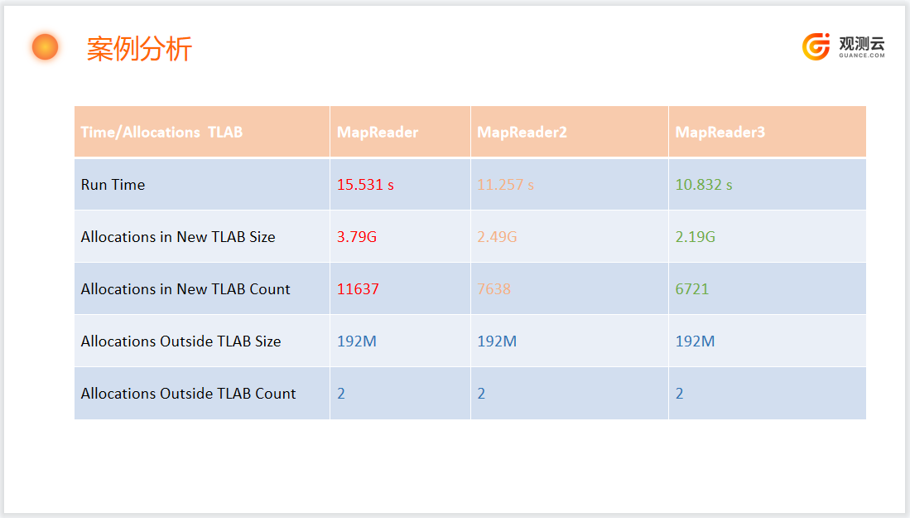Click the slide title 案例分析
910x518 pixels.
(x=139, y=49)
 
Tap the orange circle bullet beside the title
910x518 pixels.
(x=46, y=47)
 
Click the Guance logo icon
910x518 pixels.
(x=816, y=46)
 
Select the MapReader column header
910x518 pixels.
(x=378, y=133)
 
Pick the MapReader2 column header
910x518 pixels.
(x=522, y=133)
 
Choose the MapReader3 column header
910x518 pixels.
(x=720, y=133)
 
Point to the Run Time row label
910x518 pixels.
(x=113, y=185)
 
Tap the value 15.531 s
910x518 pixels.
(x=366, y=185)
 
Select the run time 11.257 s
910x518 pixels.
(x=505, y=185)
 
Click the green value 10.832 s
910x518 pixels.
(x=703, y=185)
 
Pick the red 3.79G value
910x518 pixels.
(x=357, y=237)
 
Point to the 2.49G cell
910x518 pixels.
(x=497, y=237)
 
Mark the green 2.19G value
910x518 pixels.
(x=696, y=237)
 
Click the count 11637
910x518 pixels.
(x=358, y=289)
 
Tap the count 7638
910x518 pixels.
(x=494, y=289)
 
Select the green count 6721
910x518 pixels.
(x=691, y=289)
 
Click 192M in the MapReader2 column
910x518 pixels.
(x=497, y=341)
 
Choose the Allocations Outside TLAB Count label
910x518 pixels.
(x=188, y=394)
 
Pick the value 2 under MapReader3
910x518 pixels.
(x=680, y=394)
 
